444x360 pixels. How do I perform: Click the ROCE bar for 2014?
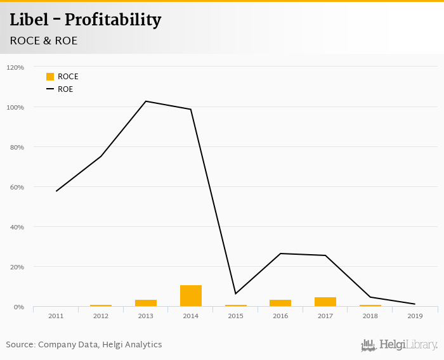(190, 296)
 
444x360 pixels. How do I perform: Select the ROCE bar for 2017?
(325, 302)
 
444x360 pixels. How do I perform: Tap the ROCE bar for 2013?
(145, 303)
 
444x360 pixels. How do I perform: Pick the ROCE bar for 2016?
(280, 303)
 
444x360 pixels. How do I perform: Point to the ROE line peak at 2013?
(145, 101)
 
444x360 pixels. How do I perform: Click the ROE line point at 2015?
(235, 293)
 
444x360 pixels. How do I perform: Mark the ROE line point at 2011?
(56, 191)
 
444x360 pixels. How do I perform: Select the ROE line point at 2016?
(280, 254)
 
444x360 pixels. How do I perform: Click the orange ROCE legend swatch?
(50, 77)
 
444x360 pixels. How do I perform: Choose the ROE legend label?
(65, 89)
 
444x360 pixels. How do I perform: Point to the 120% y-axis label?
(15, 67)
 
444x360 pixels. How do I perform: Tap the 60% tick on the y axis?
(15, 187)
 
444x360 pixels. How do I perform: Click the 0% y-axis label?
(18, 307)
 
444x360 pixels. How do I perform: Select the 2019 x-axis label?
(415, 316)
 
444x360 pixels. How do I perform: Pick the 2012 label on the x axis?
(101, 316)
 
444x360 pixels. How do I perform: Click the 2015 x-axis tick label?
(235, 316)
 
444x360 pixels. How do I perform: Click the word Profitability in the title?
(113, 20)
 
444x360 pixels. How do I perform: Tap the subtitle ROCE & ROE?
(44, 41)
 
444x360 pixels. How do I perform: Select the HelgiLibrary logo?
(399, 345)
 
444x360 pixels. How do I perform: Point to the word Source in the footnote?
(20, 345)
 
